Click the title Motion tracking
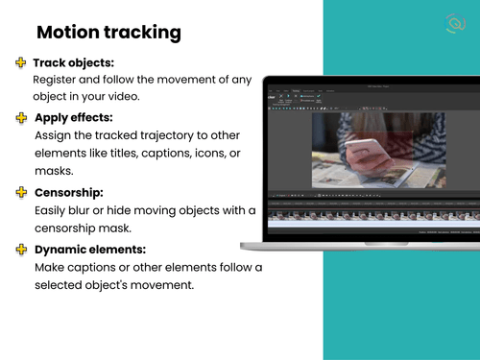[x=108, y=32]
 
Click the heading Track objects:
[x=73, y=63]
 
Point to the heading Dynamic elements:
[x=89, y=250]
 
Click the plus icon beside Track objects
[x=20, y=63]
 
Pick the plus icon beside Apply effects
[x=20, y=117]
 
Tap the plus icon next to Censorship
[x=20, y=192]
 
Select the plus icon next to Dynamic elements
[x=20, y=250]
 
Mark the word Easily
[x=54, y=210]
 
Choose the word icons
[x=229, y=153]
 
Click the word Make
[x=51, y=267]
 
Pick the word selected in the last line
[x=62, y=285]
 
